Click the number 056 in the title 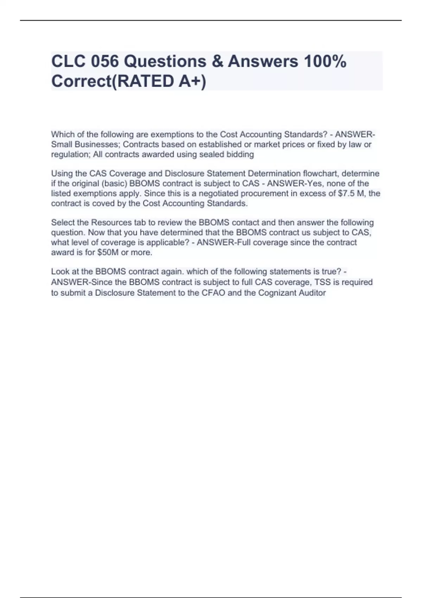click(x=104, y=62)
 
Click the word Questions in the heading click(x=165, y=62)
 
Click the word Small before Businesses click(x=61, y=145)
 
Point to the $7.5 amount click(x=347, y=193)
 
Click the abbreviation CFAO click(x=213, y=293)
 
